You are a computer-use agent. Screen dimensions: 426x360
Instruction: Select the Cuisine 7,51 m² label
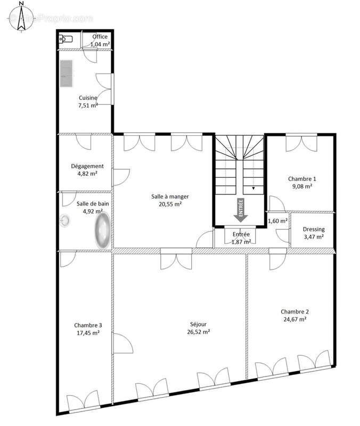tap(88, 102)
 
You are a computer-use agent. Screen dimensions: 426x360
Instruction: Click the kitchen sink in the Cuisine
tap(67, 72)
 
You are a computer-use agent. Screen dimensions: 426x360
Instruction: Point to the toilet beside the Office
tap(66, 38)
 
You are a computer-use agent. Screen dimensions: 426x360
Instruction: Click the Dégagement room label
tap(87, 169)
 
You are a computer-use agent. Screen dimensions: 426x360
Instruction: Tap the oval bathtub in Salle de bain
tap(102, 230)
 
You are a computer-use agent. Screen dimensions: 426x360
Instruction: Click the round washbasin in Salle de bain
tap(66, 220)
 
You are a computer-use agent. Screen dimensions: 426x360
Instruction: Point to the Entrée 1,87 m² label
tap(241, 238)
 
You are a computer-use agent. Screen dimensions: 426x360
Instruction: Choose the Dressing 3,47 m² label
tap(313, 233)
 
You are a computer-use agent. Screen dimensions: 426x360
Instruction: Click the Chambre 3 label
tap(88, 329)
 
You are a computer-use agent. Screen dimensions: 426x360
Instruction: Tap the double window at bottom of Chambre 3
tap(83, 401)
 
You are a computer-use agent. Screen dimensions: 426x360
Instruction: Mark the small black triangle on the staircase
tap(253, 188)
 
